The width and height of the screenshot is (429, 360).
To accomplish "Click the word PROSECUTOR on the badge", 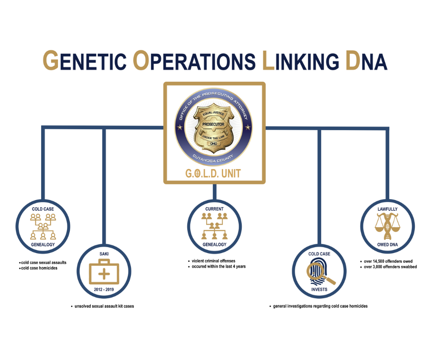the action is click(x=213, y=124).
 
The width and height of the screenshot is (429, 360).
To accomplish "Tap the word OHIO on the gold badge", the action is click(x=214, y=143).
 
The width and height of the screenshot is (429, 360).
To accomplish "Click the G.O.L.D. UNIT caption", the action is click(x=213, y=174).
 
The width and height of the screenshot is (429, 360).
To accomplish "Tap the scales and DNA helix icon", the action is click(x=387, y=226).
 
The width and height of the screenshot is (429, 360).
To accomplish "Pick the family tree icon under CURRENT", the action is click(x=214, y=226).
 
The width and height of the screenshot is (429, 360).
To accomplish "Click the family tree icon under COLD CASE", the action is click(x=43, y=227).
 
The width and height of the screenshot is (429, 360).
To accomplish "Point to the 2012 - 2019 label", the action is click(x=104, y=289).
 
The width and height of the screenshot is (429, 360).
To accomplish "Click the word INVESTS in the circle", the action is click(x=319, y=289).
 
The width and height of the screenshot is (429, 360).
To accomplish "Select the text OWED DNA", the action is click(x=387, y=244).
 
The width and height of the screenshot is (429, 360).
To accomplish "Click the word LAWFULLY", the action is click(x=387, y=209).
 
